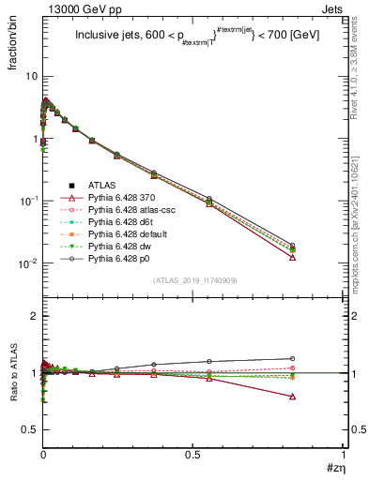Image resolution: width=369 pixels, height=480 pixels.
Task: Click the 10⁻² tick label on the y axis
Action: (x=28, y=263)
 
